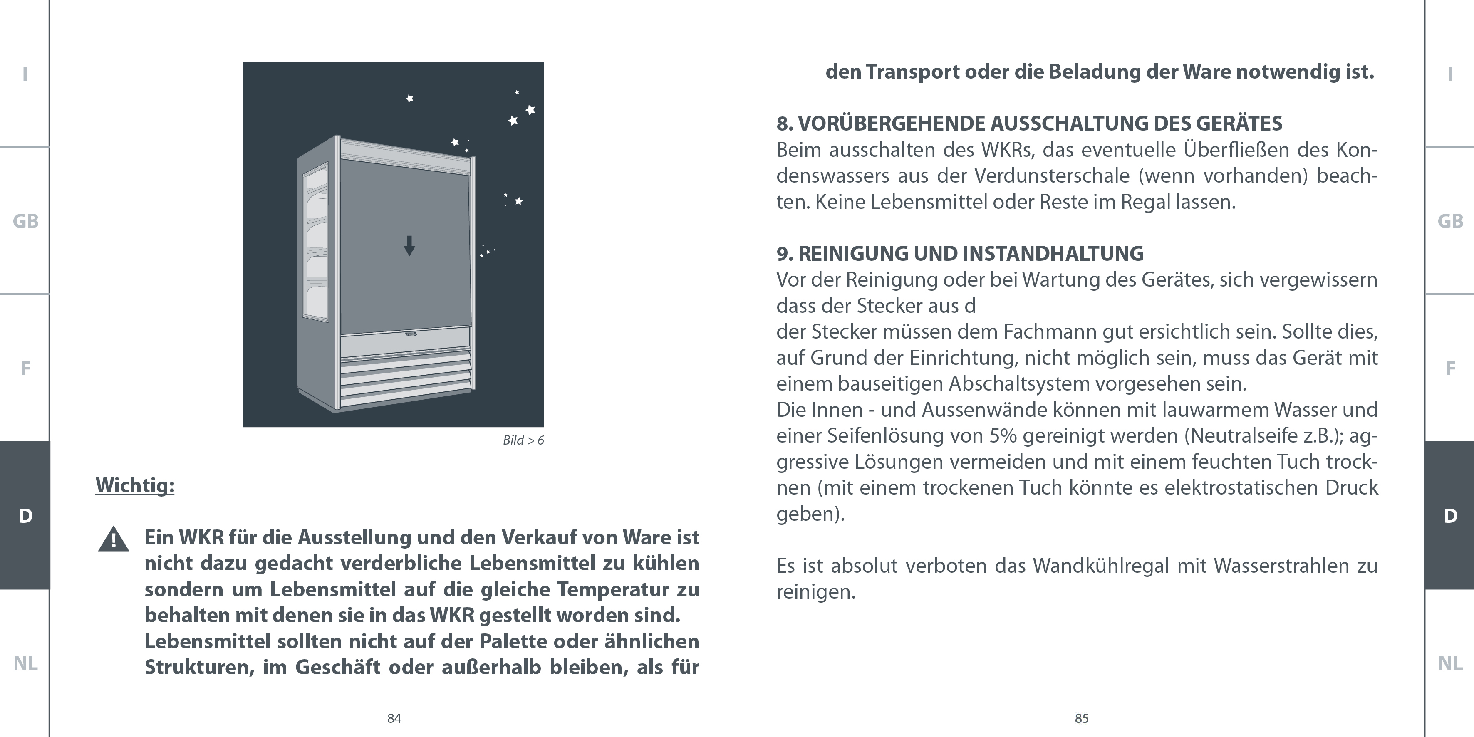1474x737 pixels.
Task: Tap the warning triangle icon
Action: [x=113, y=539]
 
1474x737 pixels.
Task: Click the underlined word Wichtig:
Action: [x=135, y=486]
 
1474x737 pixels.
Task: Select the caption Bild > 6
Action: [x=523, y=440]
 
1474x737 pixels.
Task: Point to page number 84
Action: [x=394, y=719]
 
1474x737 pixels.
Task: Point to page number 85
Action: [x=1081, y=719]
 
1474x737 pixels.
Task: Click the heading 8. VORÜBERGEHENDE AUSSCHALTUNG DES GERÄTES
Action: [x=1029, y=124]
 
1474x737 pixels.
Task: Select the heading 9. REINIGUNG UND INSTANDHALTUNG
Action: [x=960, y=253]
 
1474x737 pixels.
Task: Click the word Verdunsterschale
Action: [x=1052, y=176]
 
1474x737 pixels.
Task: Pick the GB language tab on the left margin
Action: [x=25, y=221]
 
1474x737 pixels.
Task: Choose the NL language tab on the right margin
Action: [x=1450, y=663]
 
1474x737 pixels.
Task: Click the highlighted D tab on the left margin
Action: [x=25, y=516]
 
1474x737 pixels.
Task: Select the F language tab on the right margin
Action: [x=1450, y=368]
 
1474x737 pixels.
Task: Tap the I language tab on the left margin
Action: [x=25, y=74]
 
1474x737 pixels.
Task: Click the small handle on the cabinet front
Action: [x=410, y=334]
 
